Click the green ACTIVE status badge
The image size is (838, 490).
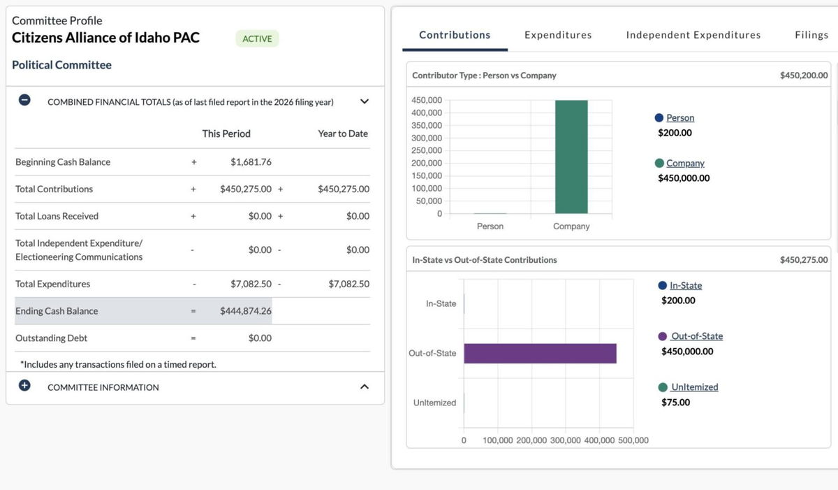coord(257,38)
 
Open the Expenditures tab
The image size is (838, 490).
coord(558,35)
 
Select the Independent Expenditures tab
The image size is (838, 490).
coord(693,35)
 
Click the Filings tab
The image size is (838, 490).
coord(811,35)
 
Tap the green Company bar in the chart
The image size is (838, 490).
coord(571,157)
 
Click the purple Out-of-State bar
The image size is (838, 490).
coord(540,353)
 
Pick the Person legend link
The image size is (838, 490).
coord(679,118)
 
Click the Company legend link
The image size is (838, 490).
coord(684,163)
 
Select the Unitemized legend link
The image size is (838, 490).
coord(694,387)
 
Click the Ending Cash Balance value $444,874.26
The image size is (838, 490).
coord(245,311)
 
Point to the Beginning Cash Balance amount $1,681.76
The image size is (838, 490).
coord(251,162)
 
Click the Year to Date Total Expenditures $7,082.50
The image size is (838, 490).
coord(348,284)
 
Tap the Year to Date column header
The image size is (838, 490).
coord(342,134)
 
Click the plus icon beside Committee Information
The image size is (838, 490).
coord(24,386)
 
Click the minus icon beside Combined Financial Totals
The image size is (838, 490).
coord(24,100)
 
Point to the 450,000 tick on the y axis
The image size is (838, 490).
coord(427,100)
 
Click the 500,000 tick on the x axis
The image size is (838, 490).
coord(633,440)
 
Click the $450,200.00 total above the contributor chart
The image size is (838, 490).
coord(803,75)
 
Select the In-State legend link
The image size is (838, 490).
coord(685,286)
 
